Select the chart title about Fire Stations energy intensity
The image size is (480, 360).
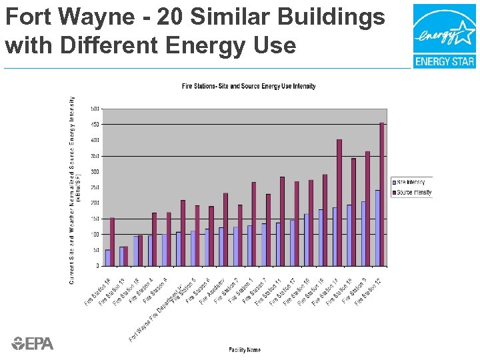click(x=249, y=86)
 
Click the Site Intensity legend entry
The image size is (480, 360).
click(x=411, y=182)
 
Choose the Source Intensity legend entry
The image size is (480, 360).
click(x=413, y=193)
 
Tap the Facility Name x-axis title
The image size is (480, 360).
click(x=245, y=349)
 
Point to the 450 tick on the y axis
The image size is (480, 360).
click(x=95, y=124)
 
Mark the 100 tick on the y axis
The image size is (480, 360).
click(x=95, y=234)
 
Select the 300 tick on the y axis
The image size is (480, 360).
click(x=95, y=171)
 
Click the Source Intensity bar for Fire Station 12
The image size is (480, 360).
click(x=382, y=193)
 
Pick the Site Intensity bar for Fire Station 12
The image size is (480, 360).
click(x=377, y=227)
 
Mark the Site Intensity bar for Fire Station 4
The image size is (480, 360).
click(x=150, y=250)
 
